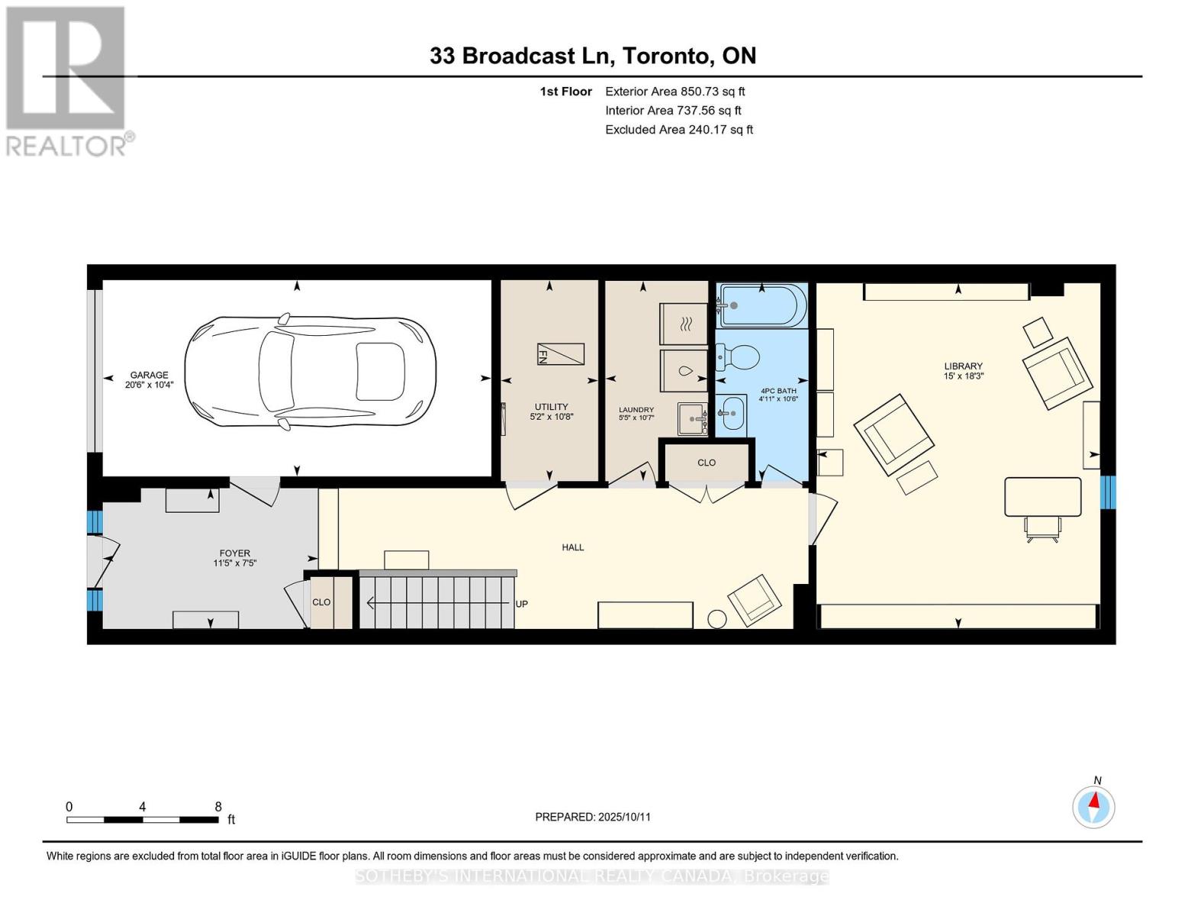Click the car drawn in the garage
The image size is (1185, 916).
tap(310, 372)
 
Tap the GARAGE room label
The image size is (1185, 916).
tap(149, 375)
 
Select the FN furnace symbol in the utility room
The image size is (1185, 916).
tap(560, 353)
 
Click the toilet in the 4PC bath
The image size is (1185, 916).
tap(737, 357)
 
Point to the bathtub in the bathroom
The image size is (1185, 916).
tap(762, 305)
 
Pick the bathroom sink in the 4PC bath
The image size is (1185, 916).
tap(731, 414)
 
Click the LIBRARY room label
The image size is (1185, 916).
tap(963, 366)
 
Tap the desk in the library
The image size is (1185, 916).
tap(1042, 496)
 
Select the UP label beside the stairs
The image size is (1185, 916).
tap(521, 604)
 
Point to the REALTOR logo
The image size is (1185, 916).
tap(66, 82)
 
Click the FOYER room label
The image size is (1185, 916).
tap(234, 553)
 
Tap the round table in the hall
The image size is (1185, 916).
tap(716, 618)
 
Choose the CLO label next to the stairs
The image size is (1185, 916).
tap(321, 602)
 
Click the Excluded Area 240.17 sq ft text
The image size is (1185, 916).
tap(679, 129)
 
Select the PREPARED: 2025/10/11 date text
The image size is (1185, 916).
tap(593, 817)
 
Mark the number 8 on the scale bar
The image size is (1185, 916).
tap(218, 806)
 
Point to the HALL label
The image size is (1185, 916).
tap(572, 547)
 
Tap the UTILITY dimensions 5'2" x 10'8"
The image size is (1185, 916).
tap(552, 417)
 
